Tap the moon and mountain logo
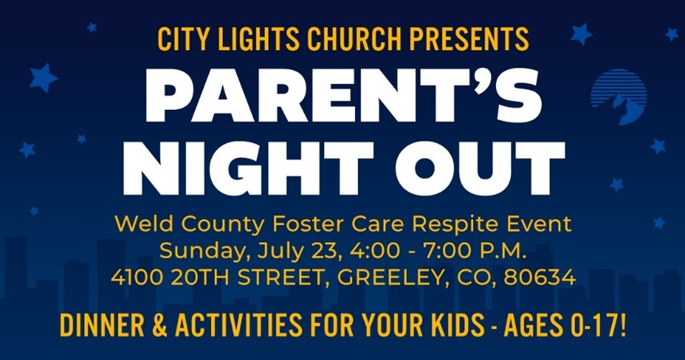click(x=618, y=96)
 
